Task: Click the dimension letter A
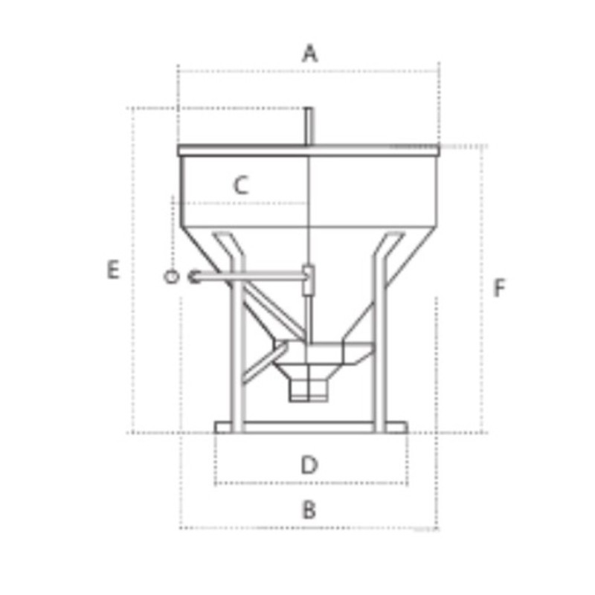click(x=309, y=54)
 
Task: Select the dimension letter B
click(x=309, y=510)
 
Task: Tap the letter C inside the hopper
click(x=239, y=185)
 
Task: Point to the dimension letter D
click(x=309, y=466)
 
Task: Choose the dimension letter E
click(x=112, y=269)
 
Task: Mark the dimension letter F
click(x=500, y=288)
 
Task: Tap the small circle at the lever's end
click(x=171, y=277)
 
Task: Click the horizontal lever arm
click(x=253, y=277)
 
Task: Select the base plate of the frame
click(x=310, y=427)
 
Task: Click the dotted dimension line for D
click(x=310, y=484)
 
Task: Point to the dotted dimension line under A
click(x=309, y=72)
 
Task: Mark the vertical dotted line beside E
click(x=133, y=269)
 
